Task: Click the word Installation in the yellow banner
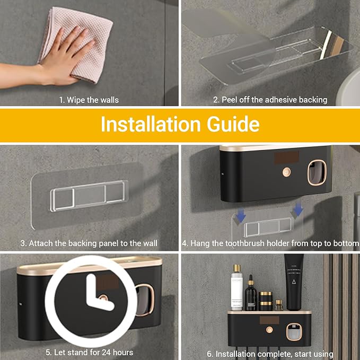click(151, 124)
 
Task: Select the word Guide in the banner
click(233, 124)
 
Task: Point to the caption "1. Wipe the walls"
click(89, 100)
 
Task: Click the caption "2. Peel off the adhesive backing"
click(270, 100)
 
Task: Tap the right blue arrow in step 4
click(297, 208)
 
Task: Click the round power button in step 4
click(286, 172)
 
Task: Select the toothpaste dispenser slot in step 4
click(317, 172)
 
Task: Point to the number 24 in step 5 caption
click(107, 353)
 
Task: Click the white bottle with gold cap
click(237, 287)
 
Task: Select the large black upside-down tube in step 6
click(294, 282)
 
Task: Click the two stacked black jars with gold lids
click(266, 301)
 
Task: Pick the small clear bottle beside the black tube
click(279, 305)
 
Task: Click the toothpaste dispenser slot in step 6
click(294, 332)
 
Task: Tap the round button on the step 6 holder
click(269, 330)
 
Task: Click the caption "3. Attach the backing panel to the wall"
click(89, 243)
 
